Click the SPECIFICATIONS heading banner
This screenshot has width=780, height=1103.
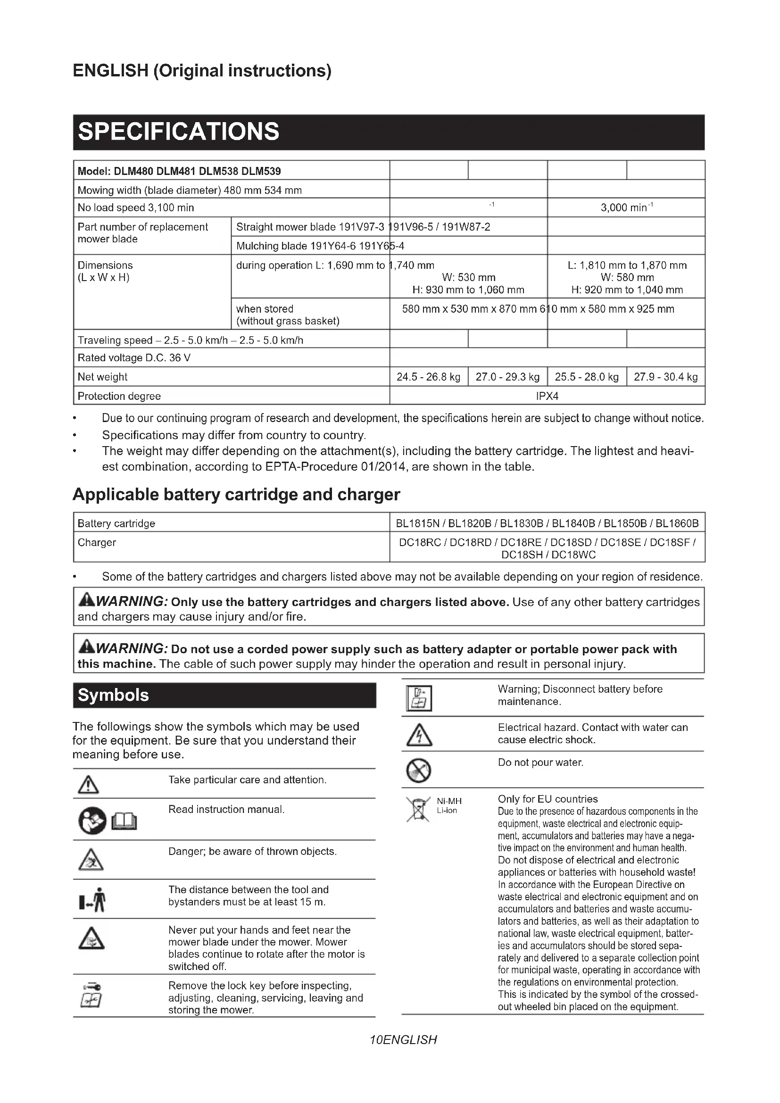coord(388,132)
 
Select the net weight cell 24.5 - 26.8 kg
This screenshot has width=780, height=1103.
coord(428,377)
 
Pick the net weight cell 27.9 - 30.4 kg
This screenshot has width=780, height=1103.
coord(665,377)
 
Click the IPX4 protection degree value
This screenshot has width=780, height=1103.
coord(547,396)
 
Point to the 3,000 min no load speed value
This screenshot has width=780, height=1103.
coord(626,207)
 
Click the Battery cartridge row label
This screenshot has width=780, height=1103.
coord(116,523)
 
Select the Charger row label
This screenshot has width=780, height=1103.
coord(97,542)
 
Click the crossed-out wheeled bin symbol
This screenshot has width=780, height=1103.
coord(418,809)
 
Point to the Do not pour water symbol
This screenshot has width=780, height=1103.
coord(418,771)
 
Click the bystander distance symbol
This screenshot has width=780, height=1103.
coord(92,899)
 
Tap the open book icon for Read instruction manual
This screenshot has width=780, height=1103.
coord(124,821)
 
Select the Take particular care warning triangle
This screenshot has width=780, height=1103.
coord(88,786)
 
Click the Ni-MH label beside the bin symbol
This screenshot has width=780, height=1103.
coord(449,801)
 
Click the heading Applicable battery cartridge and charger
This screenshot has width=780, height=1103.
coord(236,494)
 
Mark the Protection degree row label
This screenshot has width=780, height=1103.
coord(119,396)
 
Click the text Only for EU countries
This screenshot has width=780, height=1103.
coord(548,799)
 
